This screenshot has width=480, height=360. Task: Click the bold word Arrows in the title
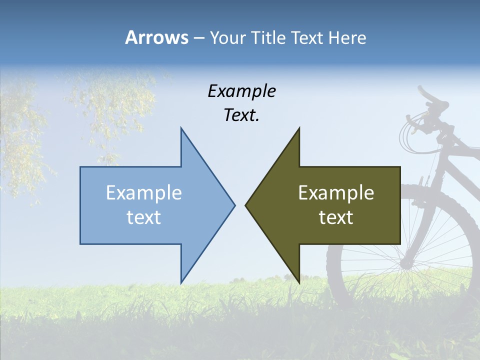tap(156, 37)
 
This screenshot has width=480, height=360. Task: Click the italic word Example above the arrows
tap(241, 91)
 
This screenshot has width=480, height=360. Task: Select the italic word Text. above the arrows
tap(241, 115)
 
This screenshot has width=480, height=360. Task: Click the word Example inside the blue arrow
tap(144, 192)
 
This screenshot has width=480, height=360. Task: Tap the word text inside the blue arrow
tap(144, 217)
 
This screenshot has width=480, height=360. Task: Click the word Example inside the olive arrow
tap(336, 192)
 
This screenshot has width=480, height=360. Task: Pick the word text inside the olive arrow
tap(336, 217)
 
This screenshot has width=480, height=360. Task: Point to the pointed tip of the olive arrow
tap(246, 205)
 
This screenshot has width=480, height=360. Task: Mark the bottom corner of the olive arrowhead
tap(299, 282)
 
